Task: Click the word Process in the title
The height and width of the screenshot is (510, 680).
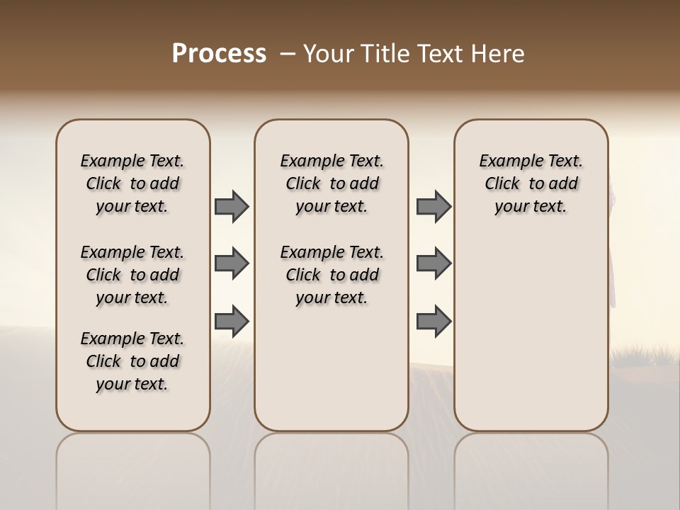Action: pos(219,53)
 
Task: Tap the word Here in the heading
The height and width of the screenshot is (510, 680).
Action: pos(499,53)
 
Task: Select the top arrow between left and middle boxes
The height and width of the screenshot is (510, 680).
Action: pos(232,207)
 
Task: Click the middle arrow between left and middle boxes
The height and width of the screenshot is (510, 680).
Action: pos(232,263)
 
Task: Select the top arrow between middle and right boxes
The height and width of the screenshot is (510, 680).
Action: pos(433,207)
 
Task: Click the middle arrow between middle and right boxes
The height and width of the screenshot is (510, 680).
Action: pos(433,263)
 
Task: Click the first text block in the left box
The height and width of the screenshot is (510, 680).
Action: pos(132,183)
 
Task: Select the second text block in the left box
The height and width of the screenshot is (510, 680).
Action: pos(132,275)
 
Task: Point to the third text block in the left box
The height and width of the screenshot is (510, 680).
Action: pos(132,361)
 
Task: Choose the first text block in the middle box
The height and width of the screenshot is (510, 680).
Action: pos(331,183)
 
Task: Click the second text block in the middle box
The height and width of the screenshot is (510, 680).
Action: pos(331,275)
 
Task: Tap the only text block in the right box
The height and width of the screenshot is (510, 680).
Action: pos(531,183)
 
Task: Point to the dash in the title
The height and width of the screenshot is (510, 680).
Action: pos(288,54)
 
